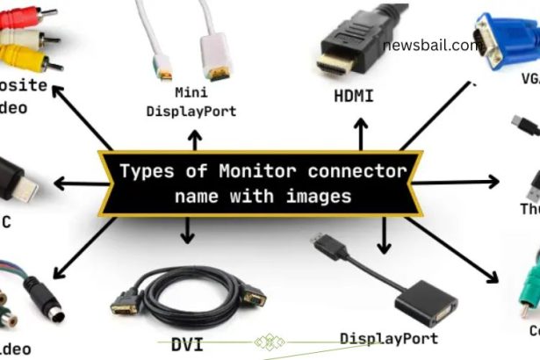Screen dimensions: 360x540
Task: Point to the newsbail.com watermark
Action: [x=431, y=45]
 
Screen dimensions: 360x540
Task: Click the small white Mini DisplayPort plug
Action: [x=164, y=66]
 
